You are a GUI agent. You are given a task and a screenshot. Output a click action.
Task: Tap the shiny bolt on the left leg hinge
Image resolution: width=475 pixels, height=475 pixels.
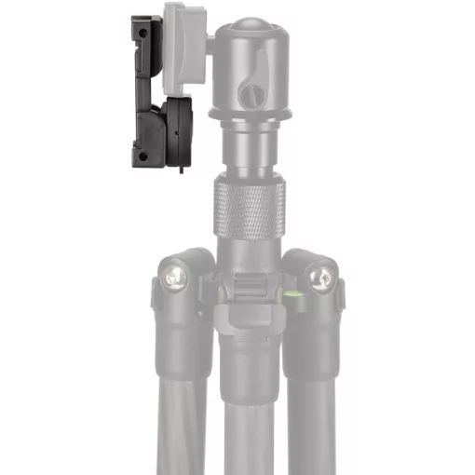[x=173, y=276]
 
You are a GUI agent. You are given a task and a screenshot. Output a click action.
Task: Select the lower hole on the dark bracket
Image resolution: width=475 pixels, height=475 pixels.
[x=142, y=156]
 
